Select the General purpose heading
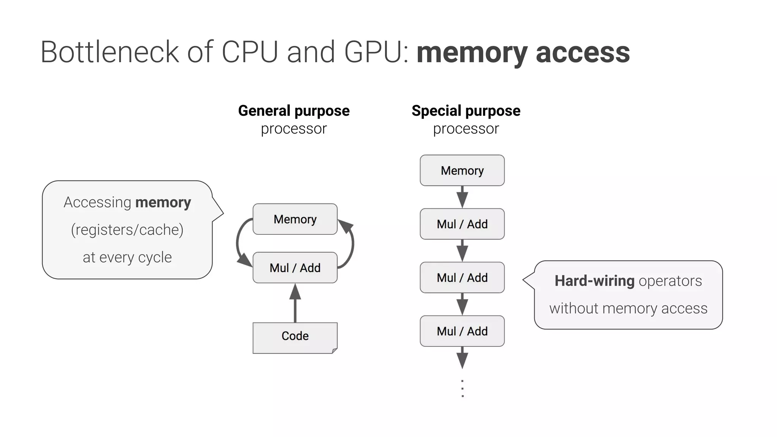pos(294,111)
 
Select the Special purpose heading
pos(466,111)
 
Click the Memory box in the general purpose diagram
pos(295,219)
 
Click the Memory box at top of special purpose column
pos(462,170)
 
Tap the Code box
pos(295,338)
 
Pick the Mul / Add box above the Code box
pos(295,268)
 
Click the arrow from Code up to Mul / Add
pos(295,303)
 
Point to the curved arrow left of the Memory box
pos(239,243)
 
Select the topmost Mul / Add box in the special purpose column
pos(462,224)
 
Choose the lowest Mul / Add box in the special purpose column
pos(462,331)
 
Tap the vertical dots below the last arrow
pos(462,388)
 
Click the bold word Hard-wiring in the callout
pos(594,281)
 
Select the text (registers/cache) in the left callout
pos(127,230)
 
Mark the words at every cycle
pos(127,258)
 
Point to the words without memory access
pos(628,308)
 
